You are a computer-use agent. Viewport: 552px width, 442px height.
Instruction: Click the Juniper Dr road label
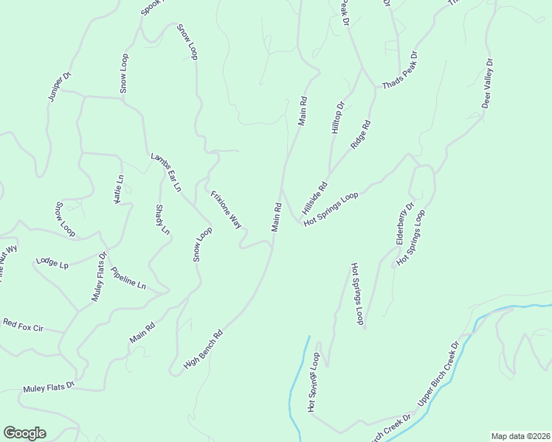(x=59, y=86)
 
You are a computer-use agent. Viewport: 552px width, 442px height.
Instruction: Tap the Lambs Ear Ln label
(x=166, y=172)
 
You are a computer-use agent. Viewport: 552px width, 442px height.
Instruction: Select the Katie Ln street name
(x=119, y=190)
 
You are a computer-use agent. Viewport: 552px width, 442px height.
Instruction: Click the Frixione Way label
(x=227, y=209)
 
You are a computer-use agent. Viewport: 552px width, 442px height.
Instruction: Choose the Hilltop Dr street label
(x=337, y=118)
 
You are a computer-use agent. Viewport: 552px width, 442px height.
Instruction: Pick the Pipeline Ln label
(x=128, y=278)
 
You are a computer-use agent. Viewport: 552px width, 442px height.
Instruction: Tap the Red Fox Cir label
(x=23, y=324)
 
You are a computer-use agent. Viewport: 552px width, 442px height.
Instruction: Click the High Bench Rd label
(x=203, y=349)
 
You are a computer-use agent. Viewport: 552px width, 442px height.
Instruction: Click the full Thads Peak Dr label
(x=400, y=71)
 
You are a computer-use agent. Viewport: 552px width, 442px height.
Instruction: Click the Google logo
(x=24, y=433)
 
